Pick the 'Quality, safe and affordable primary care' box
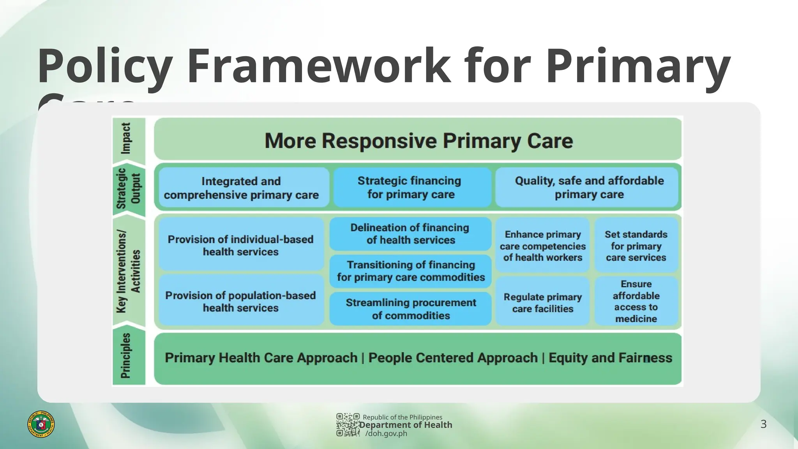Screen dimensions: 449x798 click(x=587, y=187)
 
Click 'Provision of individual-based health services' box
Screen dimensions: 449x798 click(x=241, y=245)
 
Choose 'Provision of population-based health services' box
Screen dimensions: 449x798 click(x=241, y=301)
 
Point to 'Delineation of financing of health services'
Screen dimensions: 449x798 click(x=410, y=234)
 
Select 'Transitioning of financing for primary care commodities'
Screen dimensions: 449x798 click(x=410, y=271)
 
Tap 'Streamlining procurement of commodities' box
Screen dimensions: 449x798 click(x=410, y=309)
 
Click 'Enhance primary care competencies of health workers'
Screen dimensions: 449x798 click(x=542, y=246)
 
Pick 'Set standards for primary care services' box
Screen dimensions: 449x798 click(x=636, y=246)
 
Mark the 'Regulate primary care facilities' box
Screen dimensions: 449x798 click(x=542, y=302)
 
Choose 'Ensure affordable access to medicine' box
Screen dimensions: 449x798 click(x=636, y=301)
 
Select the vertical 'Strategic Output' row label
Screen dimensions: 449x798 click(x=128, y=189)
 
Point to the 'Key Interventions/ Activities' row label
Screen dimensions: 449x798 click(x=128, y=271)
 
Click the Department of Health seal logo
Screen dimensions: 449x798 click(x=41, y=424)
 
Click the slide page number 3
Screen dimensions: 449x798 click(x=763, y=424)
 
